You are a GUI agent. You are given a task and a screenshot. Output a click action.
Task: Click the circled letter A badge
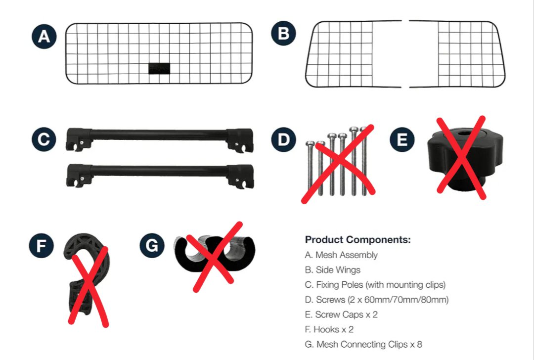click(44, 37)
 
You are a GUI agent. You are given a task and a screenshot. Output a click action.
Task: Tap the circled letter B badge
click(284, 33)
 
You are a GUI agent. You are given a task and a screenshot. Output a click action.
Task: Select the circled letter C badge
click(44, 139)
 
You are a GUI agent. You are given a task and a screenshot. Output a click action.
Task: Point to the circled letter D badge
click(284, 139)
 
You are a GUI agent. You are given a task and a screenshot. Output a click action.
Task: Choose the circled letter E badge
click(402, 139)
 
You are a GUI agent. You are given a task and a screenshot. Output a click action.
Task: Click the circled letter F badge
click(41, 246)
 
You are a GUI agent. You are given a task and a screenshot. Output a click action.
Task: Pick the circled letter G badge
click(152, 246)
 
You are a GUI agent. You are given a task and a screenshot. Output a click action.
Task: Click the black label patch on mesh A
click(159, 68)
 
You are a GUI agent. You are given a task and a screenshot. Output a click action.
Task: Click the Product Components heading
click(358, 240)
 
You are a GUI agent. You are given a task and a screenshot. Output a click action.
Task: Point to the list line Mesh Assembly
click(341, 255)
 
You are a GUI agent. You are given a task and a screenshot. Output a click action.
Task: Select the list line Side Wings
click(333, 270)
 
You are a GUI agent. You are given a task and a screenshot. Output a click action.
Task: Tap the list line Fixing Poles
click(375, 285)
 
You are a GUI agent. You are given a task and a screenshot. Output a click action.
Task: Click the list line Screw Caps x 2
click(341, 315)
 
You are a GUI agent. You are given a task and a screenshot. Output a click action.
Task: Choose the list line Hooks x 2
click(329, 330)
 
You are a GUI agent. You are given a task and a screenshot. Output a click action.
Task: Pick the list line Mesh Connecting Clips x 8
click(363, 345)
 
